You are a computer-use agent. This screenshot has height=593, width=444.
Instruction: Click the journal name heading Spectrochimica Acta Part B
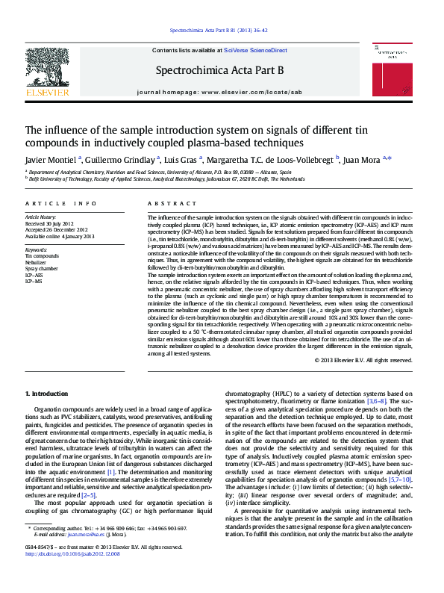tap(219, 70)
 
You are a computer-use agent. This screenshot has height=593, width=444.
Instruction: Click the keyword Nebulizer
tap(36, 262)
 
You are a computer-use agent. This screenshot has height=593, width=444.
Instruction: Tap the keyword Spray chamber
tap(40, 269)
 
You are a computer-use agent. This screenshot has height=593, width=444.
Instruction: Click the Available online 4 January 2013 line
tap(60, 236)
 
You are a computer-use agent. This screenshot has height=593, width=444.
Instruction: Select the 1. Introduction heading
tap(47, 394)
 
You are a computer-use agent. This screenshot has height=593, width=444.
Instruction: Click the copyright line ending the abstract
tap(363, 360)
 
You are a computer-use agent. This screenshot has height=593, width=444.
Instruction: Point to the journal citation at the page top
tap(219, 31)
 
